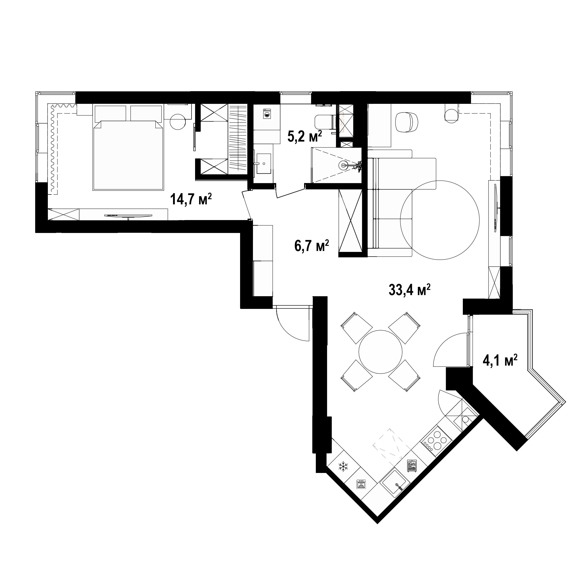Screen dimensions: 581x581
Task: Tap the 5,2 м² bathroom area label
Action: pos(305,137)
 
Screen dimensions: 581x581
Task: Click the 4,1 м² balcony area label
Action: pos(500,360)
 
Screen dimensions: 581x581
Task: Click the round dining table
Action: pos(381,351)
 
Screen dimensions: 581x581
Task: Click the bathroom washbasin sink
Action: pos(263,164)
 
